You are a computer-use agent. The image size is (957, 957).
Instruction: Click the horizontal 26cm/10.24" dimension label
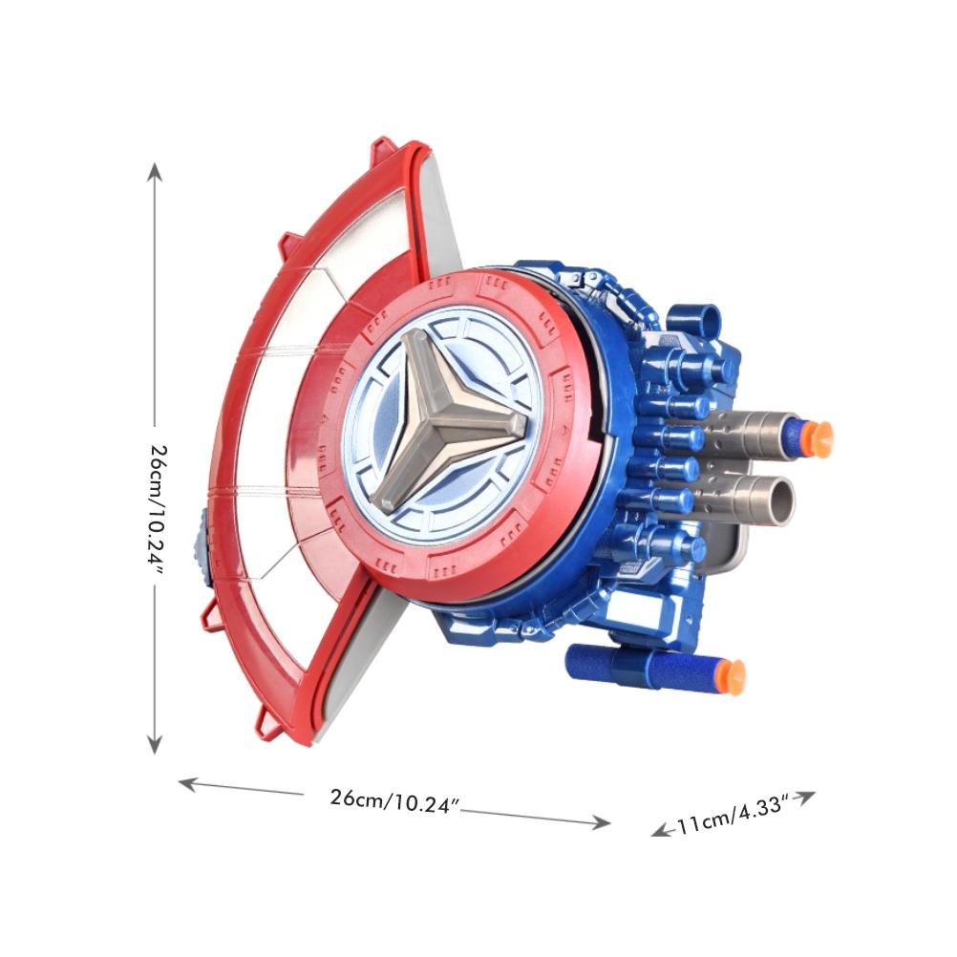click(394, 800)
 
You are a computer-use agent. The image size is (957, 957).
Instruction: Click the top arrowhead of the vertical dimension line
click(155, 172)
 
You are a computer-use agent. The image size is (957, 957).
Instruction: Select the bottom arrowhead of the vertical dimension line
click(155, 744)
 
